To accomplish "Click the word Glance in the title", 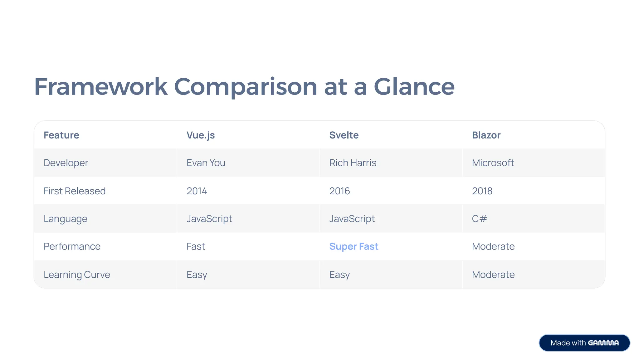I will coord(414,86).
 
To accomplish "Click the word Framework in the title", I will coord(101,86).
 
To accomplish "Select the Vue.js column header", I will coord(201,135).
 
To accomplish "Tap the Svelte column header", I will coord(344,135).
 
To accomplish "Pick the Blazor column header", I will coord(486,135).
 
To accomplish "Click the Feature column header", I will coord(61,135).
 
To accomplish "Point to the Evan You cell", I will coord(206,163).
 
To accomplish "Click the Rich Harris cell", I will coord(353,163).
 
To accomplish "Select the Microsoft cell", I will coord(493,163).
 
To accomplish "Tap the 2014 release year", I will coord(197,191).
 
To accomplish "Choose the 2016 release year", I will coord(339,191).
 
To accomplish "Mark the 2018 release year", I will coord(482,191).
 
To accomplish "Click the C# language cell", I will coord(480,219).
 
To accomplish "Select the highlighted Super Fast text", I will coord(354,246).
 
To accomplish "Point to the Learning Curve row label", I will coord(77,275).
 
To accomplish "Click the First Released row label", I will coord(75,191).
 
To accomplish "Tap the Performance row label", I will coord(72,246).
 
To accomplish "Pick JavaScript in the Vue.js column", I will coord(209,219).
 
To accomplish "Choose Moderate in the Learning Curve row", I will coord(493,275).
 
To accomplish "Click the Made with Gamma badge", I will coord(584,343).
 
